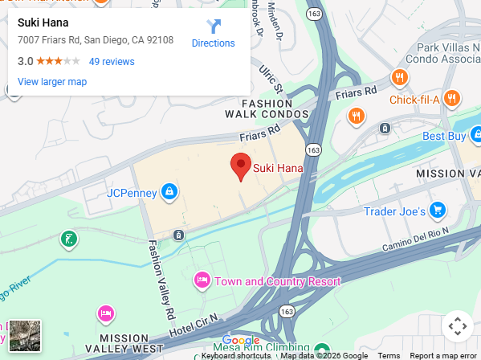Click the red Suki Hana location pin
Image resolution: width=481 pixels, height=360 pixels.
[x=240, y=166]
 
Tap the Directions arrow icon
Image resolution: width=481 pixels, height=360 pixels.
[x=214, y=27]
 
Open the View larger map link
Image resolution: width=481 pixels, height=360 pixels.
[x=52, y=81]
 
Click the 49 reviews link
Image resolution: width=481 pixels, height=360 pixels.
[x=112, y=61]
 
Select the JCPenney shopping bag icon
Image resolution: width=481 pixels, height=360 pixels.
[x=169, y=191]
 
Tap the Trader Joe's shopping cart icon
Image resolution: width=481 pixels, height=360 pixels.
[x=437, y=211]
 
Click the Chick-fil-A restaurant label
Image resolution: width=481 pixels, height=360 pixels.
[x=414, y=100]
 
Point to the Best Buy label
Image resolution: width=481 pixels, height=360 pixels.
[x=444, y=136]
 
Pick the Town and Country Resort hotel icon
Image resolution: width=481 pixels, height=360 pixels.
[x=202, y=280]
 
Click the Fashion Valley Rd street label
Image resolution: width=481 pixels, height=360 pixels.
[x=159, y=278]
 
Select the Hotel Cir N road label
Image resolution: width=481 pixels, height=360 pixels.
[x=193, y=323]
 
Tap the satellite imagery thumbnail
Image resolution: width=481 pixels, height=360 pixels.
[x=25, y=336]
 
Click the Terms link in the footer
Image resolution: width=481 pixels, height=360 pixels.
[x=389, y=355]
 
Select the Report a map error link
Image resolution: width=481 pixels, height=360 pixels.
[x=443, y=355]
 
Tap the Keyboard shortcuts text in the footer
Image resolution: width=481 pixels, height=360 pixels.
[x=236, y=355]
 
